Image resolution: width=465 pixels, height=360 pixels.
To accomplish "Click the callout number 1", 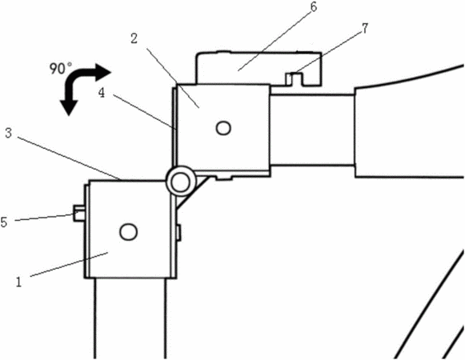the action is point(18,282).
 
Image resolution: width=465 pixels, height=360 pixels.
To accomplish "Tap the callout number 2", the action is point(134,38).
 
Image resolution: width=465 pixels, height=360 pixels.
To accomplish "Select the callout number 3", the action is point(8,133).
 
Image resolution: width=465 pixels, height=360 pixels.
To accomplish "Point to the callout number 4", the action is point(102,94).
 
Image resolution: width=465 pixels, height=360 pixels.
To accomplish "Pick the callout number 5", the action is point(4,222).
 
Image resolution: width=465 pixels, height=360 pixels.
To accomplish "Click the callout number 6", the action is point(314,7).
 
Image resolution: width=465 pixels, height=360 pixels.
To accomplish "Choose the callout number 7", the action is point(365,28).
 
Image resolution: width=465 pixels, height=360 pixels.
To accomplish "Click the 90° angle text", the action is point(61,68).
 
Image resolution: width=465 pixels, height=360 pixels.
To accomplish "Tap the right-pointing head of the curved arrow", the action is point(102,72).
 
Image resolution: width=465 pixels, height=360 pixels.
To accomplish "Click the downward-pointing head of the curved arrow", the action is point(69,107).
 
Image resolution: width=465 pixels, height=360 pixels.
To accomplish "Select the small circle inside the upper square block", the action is point(223,128).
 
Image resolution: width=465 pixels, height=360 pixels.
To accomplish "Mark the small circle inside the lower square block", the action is point(128,231).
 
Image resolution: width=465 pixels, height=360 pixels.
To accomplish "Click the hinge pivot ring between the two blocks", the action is point(181,182).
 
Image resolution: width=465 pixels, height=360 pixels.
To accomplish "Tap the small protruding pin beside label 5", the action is point(79,214).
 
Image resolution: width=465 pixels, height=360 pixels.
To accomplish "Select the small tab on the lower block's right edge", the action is point(178,233).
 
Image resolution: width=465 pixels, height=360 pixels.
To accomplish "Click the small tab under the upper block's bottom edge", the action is point(223,178).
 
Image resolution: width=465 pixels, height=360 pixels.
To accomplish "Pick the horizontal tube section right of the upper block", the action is point(312,130).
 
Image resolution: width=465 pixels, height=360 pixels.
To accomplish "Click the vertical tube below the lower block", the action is point(130,318).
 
